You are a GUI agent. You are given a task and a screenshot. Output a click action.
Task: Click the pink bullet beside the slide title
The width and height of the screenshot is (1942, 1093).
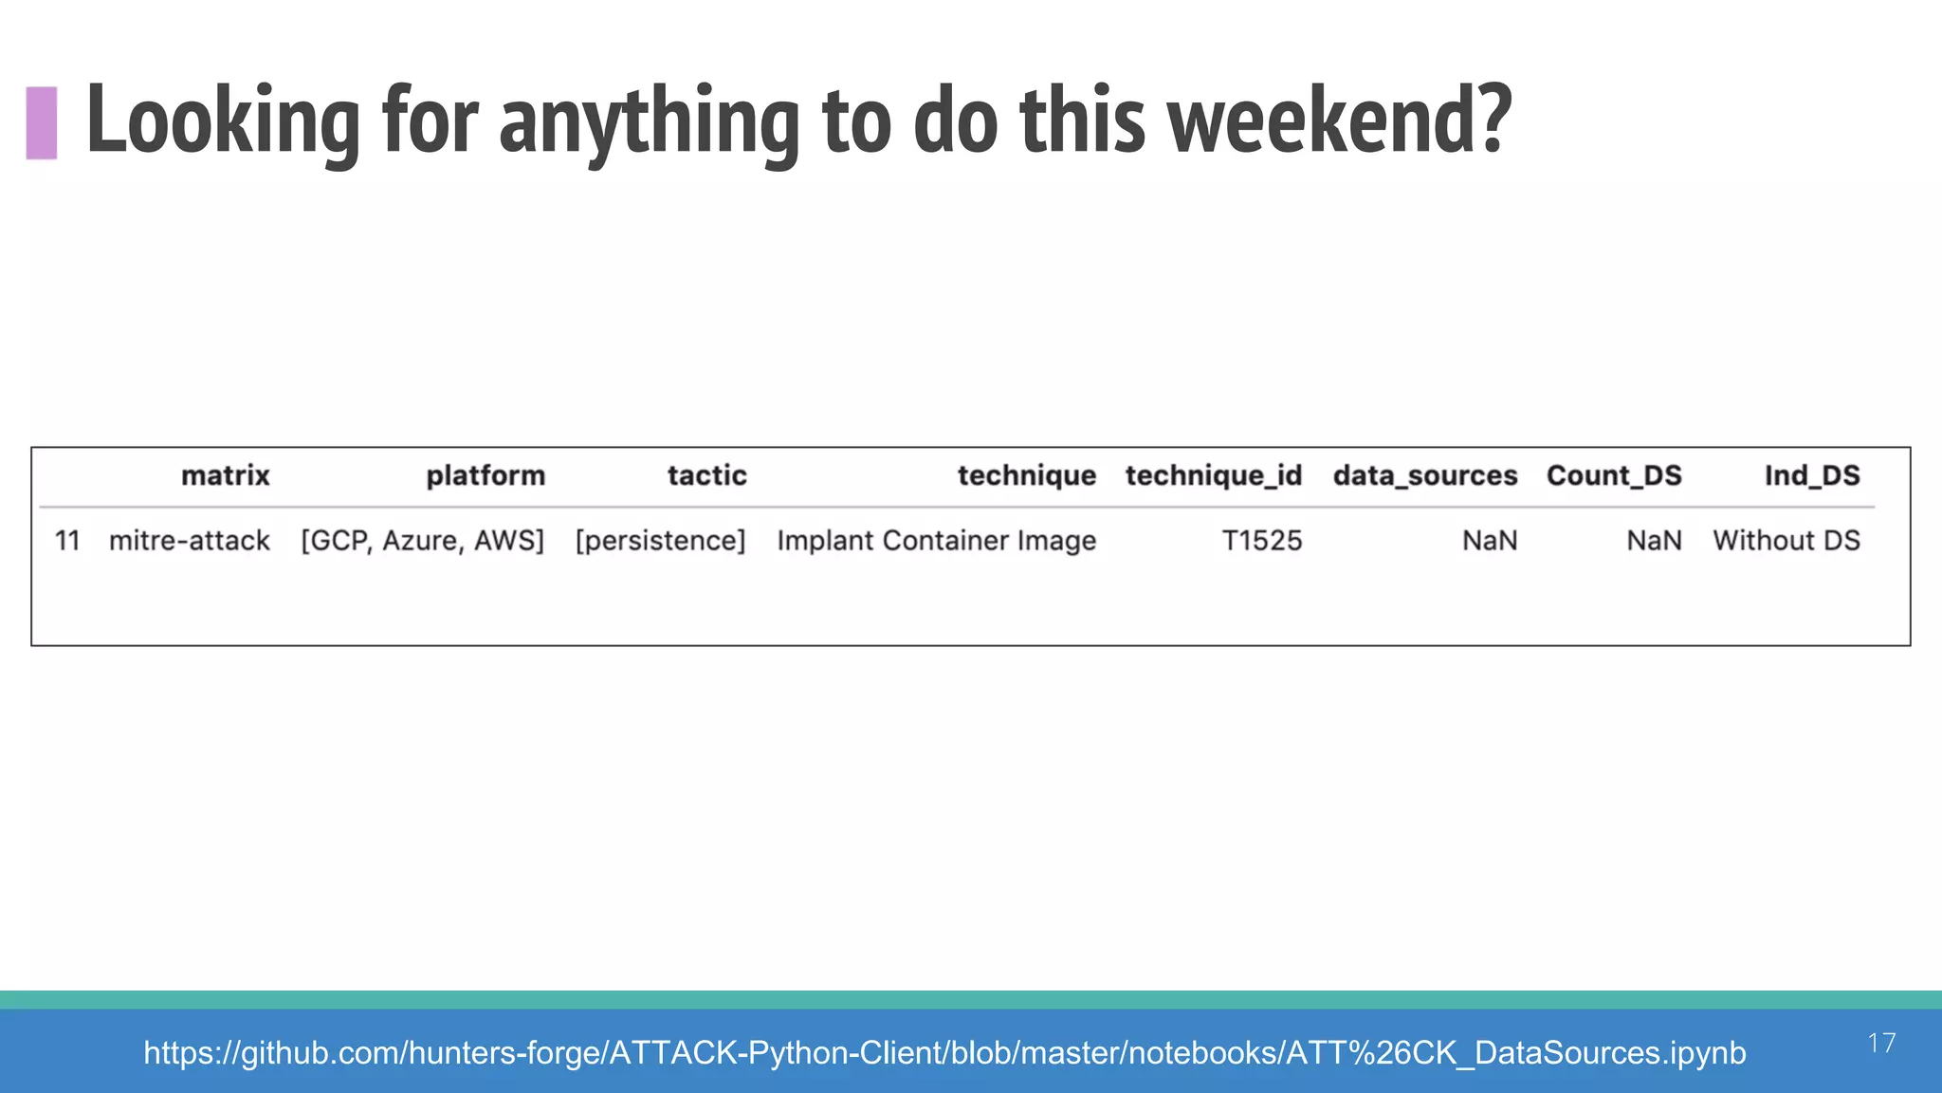[x=42, y=122]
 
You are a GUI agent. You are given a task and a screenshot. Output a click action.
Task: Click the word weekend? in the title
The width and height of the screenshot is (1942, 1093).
[x=1339, y=120]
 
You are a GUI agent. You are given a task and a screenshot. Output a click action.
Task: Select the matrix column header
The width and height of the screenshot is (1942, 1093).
[x=226, y=475]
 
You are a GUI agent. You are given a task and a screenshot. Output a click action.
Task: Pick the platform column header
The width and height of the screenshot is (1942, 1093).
[x=485, y=475]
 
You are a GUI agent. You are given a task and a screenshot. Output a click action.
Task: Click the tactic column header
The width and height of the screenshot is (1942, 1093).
[x=706, y=475]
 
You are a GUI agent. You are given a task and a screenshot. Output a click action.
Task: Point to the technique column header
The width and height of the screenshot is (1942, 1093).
[x=1026, y=475]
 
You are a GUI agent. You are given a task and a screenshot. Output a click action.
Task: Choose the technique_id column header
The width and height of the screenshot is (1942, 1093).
[x=1214, y=475]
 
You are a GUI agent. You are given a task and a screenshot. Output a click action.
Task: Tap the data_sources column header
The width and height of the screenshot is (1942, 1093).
[x=1425, y=475]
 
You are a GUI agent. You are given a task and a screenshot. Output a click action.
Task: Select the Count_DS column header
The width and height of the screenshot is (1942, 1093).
[x=1614, y=475]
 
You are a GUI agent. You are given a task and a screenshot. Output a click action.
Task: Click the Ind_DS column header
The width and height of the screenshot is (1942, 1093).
[x=1812, y=475]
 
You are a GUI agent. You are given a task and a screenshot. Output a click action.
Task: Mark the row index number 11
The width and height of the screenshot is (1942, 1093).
[x=67, y=541]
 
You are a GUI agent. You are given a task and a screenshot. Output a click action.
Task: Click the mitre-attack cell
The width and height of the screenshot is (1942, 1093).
[x=190, y=541]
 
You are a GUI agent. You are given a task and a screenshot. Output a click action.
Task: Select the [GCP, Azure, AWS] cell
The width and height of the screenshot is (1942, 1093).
[x=423, y=541]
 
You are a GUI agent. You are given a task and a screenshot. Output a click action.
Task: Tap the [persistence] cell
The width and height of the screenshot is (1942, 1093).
[x=661, y=541]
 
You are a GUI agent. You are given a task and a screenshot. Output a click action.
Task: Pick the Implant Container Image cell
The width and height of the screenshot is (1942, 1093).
[x=937, y=541]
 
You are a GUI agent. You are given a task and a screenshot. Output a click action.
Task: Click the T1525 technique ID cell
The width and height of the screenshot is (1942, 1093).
[x=1262, y=541]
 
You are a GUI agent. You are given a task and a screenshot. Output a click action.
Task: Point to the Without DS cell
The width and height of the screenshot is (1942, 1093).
[x=1786, y=541]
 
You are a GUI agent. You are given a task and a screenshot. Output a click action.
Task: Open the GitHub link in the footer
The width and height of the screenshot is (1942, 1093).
[x=944, y=1053]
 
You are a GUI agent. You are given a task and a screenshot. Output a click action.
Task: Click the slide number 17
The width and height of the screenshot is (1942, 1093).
[x=1881, y=1044]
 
